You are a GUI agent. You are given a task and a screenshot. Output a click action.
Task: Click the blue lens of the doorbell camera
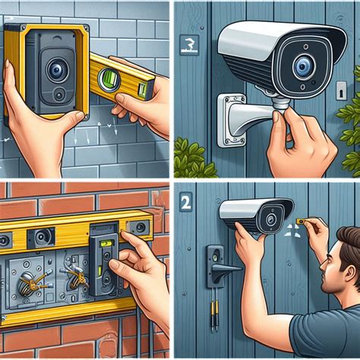(x=55, y=71)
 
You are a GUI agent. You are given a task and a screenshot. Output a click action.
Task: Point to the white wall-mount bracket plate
(x=232, y=118)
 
